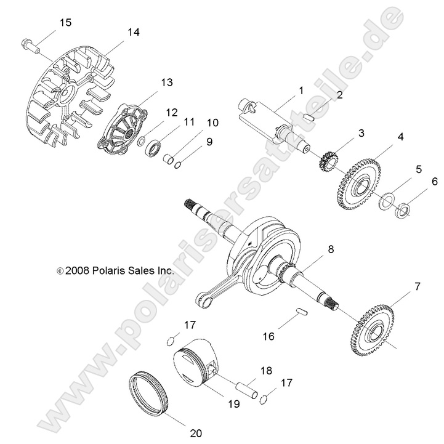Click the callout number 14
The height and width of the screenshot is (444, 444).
(134, 32)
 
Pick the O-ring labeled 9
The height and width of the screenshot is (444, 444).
(178, 164)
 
